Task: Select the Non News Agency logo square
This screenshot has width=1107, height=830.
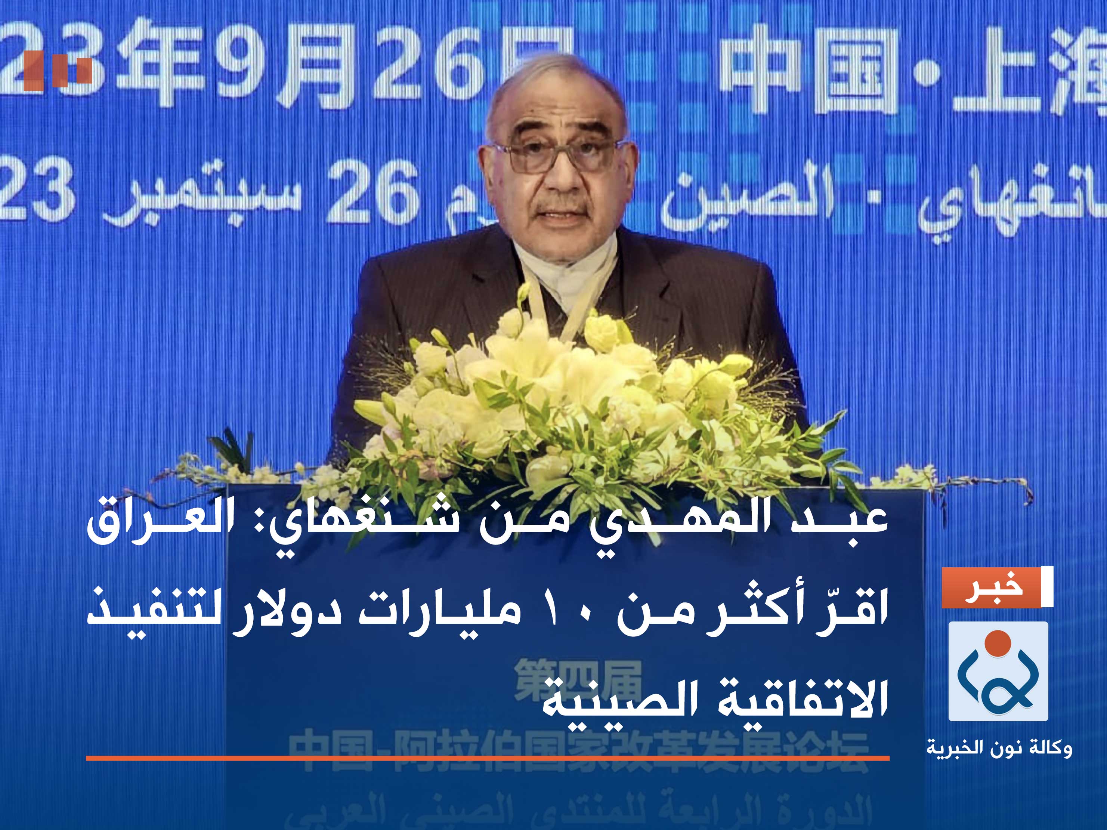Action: [998, 671]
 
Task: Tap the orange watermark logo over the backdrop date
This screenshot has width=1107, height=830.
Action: [57, 70]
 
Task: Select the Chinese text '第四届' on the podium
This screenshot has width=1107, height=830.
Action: [578, 678]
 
